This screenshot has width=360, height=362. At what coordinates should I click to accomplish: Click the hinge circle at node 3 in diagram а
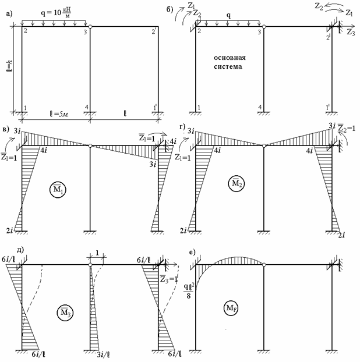(90, 26)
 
